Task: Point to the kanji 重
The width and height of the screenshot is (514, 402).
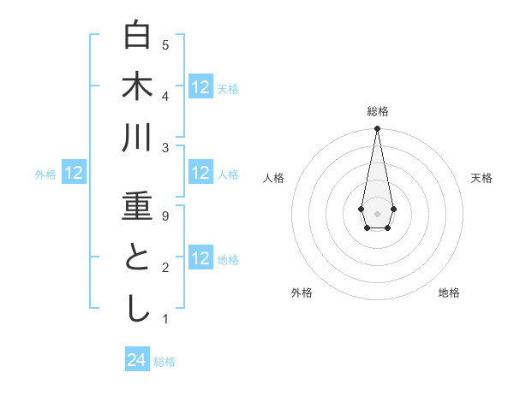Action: click(138, 206)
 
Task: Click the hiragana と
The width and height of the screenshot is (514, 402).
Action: click(138, 257)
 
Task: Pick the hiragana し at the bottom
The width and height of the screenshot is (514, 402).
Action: click(138, 309)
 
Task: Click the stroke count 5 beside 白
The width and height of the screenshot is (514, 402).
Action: click(165, 44)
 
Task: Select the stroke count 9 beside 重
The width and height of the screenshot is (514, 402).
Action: click(165, 216)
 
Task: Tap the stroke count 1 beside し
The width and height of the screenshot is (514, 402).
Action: click(165, 319)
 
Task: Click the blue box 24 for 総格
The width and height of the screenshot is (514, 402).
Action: click(137, 360)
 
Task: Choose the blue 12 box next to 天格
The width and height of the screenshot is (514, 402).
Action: click(200, 86)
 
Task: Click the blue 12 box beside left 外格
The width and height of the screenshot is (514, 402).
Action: click(74, 174)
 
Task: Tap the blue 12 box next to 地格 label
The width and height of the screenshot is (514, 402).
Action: click(200, 258)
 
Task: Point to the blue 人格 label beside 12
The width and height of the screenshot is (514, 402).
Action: click(228, 174)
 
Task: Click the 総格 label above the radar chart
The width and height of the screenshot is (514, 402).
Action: click(377, 111)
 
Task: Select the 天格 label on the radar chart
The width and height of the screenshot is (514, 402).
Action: click(481, 178)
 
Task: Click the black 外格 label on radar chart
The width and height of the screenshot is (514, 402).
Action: click(302, 293)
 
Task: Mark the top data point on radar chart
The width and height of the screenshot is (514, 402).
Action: click(377, 129)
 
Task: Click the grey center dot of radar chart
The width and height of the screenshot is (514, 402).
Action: click(377, 212)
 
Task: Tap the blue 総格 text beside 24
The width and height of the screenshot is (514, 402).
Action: click(164, 362)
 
